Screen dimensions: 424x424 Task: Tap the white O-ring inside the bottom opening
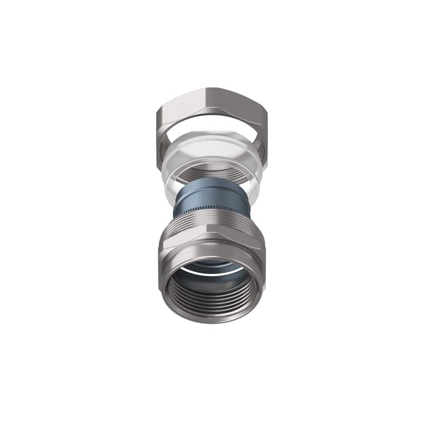pos(212,272)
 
